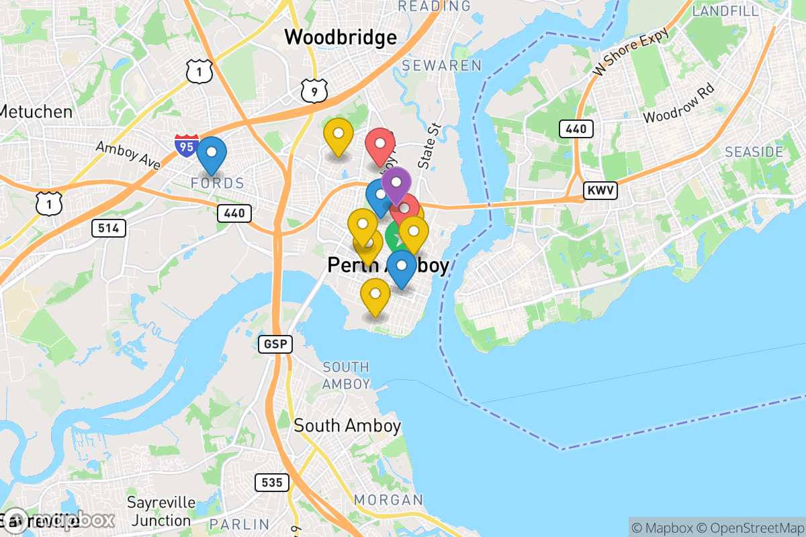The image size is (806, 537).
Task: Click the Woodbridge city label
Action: pos(341,38)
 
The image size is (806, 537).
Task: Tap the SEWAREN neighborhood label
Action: pos(442,66)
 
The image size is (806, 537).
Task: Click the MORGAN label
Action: pos(388,499)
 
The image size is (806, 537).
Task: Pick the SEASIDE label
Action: pos(754,152)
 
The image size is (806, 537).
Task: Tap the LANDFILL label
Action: pos(725,11)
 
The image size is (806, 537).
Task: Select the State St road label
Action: pos(427,145)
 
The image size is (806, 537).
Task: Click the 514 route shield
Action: pos(108,228)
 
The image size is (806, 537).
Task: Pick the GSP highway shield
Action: pos(275,344)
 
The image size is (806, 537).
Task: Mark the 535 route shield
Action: pos(272,482)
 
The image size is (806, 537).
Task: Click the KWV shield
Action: pos(600,191)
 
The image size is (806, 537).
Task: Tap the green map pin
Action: pos(394,236)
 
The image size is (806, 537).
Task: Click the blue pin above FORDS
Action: pos(212,153)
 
